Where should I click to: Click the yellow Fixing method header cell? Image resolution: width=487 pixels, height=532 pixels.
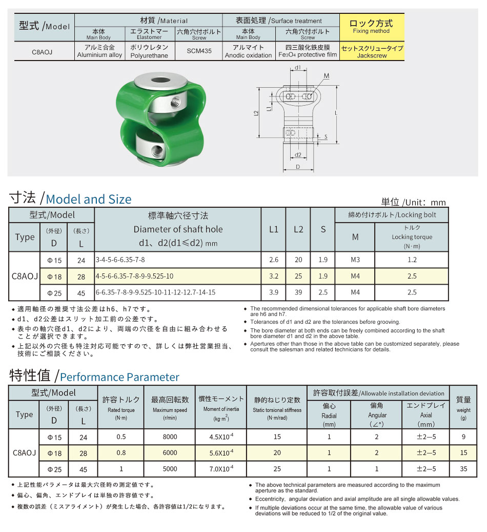click(x=372, y=27)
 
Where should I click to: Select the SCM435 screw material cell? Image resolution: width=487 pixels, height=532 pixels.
click(x=198, y=51)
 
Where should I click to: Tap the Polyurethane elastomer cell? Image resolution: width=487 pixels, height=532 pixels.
click(x=149, y=51)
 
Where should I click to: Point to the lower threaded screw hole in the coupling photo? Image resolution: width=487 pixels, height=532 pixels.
click(x=158, y=151)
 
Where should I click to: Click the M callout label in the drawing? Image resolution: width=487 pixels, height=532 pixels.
click(x=327, y=76)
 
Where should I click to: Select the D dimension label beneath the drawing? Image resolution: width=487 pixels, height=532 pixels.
click(x=297, y=167)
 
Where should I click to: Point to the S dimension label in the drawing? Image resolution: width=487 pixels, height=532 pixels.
click(x=326, y=137)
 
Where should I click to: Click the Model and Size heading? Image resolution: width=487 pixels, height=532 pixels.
click(x=88, y=199)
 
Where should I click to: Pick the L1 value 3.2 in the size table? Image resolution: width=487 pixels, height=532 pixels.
click(x=274, y=276)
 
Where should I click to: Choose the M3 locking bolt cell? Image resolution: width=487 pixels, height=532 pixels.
click(x=355, y=260)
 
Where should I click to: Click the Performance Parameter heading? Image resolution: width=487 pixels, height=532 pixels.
click(x=119, y=377)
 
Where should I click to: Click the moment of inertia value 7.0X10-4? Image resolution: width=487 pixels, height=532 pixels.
click(x=221, y=469)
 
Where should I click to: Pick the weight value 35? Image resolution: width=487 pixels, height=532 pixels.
click(x=463, y=469)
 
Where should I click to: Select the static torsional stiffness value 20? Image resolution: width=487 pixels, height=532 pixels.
click(x=277, y=453)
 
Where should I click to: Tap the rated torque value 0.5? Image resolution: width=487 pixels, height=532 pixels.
click(x=121, y=437)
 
